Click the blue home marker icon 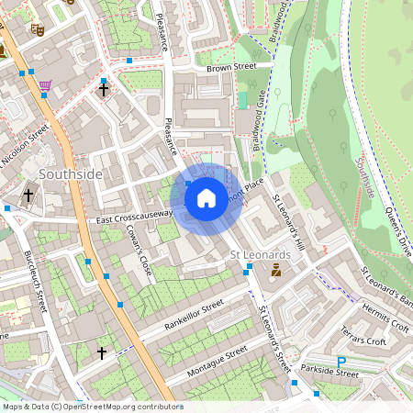coord(206,197)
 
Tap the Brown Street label coord(230,67)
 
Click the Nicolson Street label coord(24,147)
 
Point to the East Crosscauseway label coord(134,217)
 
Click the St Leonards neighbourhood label coord(260,253)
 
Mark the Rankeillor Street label coord(194,313)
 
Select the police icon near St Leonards coord(275,270)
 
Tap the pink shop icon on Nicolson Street coord(45,85)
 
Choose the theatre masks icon coord(38,28)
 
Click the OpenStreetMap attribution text coord(92,406)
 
